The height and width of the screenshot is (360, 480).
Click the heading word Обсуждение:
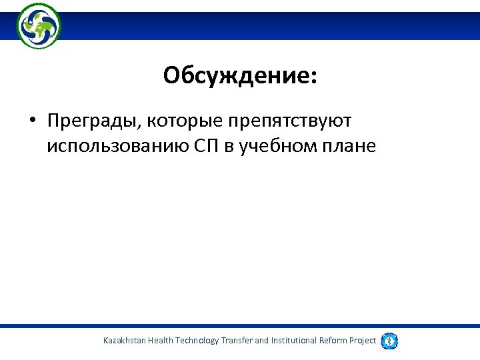point(240,76)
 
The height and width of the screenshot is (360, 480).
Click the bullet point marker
point(32,121)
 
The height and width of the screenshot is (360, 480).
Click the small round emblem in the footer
point(389,341)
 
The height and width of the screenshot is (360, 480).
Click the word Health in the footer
point(160,341)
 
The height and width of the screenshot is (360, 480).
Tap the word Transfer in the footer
point(237,341)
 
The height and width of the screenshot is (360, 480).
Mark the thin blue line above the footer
point(240,326)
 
